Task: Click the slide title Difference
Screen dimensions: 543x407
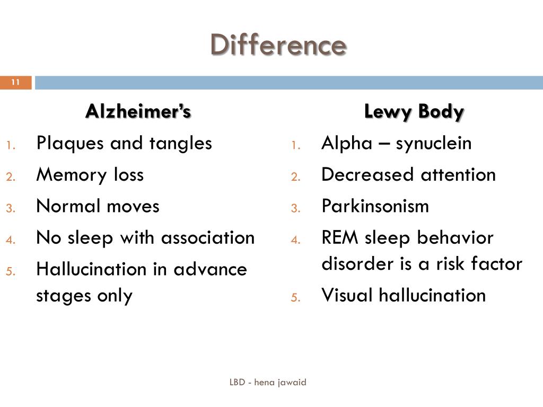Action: [x=278, y=45]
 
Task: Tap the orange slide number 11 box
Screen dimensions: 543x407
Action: [x=15, y=82]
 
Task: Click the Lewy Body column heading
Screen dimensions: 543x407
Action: [x=414, y=112]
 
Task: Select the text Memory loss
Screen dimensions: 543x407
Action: [x=90, y=175]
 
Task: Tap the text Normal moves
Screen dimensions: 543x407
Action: [x=98, y=206]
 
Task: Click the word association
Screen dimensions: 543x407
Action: [x=208, y=237]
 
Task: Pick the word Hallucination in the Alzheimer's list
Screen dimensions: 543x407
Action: [x=92, y=269]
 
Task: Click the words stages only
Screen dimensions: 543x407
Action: [x=84, y=295]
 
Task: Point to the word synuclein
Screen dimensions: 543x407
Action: [x=434, y=144]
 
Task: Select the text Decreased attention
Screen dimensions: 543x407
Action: [x=408, y=175]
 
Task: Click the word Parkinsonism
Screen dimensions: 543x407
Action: [x=375, y=206]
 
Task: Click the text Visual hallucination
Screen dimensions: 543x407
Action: [x=404, y=295]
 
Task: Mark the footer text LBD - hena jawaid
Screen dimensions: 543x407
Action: [x=268, y=382]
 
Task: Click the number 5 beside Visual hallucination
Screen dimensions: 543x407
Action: [x=295, y=297]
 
